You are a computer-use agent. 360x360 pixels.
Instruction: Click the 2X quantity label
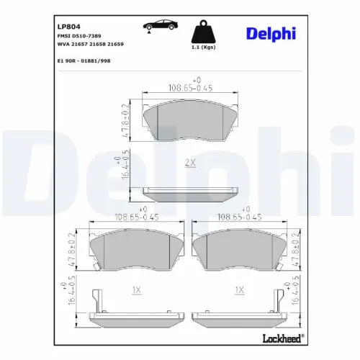click(190, 163)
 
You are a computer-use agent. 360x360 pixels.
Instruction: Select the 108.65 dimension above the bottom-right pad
click(238, 215)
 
